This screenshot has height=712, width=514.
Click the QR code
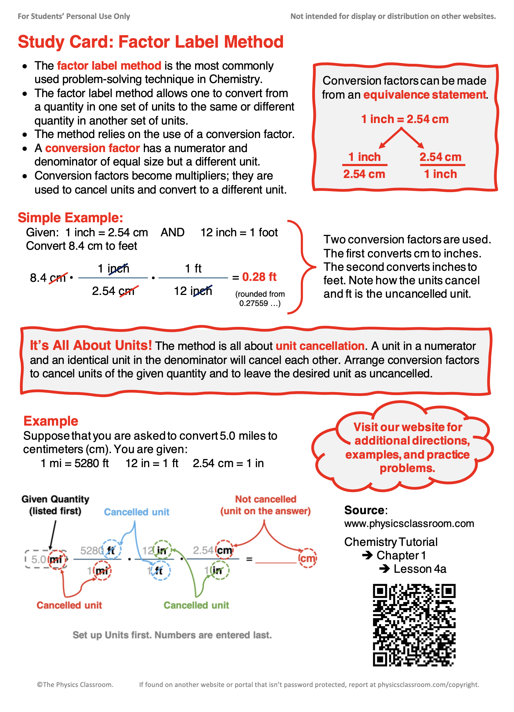pyautogui.click(x=414, y=624)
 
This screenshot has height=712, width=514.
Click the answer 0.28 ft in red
pyautogui.click(x=259, y=277)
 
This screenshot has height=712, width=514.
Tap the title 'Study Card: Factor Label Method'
pyautogui.click(x=150, y=42)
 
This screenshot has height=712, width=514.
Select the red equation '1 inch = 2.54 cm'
pyautogui.click(x=404, y=119)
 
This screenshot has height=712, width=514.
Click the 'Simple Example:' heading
pyautogui.click(x=70, y=218)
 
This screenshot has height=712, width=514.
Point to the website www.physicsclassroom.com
pyautogui.click(x=409, y=523)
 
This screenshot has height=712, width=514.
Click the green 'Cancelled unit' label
pyautogui.click(x=196, y=605)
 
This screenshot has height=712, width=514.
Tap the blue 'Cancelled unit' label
pyautogui.click(x=136, y=512)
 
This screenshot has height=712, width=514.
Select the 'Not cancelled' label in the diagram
pyautogui.click(x=266, y=499)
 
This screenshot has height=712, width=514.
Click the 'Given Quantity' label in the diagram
pyautogui.click(x=55, y=499)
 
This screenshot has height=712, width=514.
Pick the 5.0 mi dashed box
pyautogui.click(x=46, y=559)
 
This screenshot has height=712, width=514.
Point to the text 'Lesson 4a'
pyautogui.click(x=420, y=569)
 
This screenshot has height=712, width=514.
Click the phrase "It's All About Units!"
pyautogui.click(x=91, y=345)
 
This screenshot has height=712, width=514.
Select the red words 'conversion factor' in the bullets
pyautogui.click(x=92, y=148)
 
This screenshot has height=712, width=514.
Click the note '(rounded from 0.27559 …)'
pyautogui.click(x=260, y=299)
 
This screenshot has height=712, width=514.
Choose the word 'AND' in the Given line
pyautogui.click(x=172, y=232)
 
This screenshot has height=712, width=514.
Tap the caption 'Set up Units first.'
pyautogui.click(x=172, y=635)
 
